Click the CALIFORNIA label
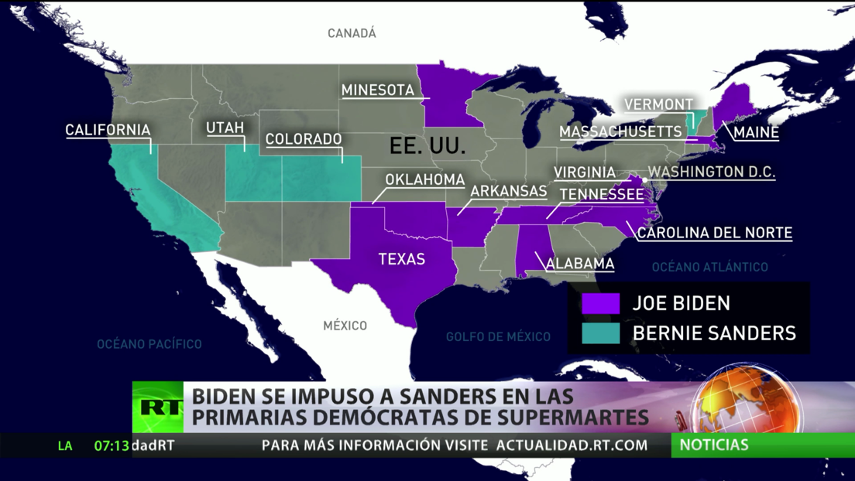108,130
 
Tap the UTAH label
225,128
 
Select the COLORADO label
304,139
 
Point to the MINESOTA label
378,90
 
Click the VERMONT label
659,104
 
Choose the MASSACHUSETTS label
621,132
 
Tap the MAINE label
756,132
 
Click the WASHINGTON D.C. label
711,172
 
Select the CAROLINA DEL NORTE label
714,232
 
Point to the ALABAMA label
580,264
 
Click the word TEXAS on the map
401,259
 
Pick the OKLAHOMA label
425,179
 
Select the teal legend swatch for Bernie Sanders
601,333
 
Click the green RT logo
158,407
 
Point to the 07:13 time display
112,445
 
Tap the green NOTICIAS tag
714,445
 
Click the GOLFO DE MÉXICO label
498,336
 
